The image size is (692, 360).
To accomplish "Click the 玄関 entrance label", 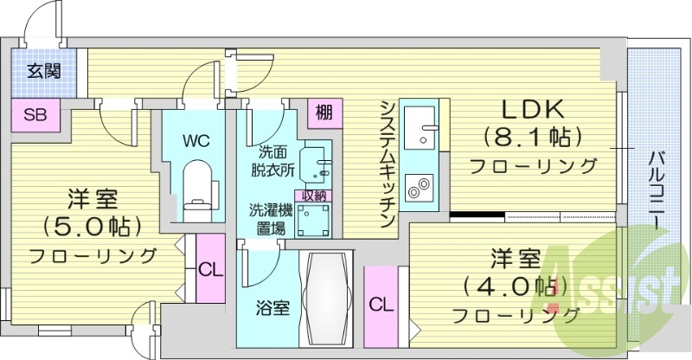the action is pyautogui.click(x=44, y=71).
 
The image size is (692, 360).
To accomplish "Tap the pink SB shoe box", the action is pyautogui.click(x=35, y=115).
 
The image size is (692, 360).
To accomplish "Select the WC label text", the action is pyautogui.click(x=196, y=141).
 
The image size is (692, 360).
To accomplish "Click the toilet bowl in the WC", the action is pyautogui.click(x=197, y=190).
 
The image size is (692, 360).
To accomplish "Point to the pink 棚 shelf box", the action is pyautogui.click(x=324, y=113).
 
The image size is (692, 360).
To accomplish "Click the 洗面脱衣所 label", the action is pyautogui.click(x=272, y=162).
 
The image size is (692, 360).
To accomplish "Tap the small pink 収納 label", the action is pyautogui.click(x=313, y=196).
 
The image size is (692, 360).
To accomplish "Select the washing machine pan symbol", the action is pyautogui.click(x=313, y=220).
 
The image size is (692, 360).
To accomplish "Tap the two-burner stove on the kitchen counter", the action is pyautogui.click(x=419, y=188).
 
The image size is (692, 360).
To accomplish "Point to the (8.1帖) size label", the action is pyautogui.click(x=531, y=138).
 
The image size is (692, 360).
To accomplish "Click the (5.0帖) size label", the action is pyautogui.click(x=93, y=226).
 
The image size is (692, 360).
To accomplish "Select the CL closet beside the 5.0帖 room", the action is pyautogui.click(x=210, y=268).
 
